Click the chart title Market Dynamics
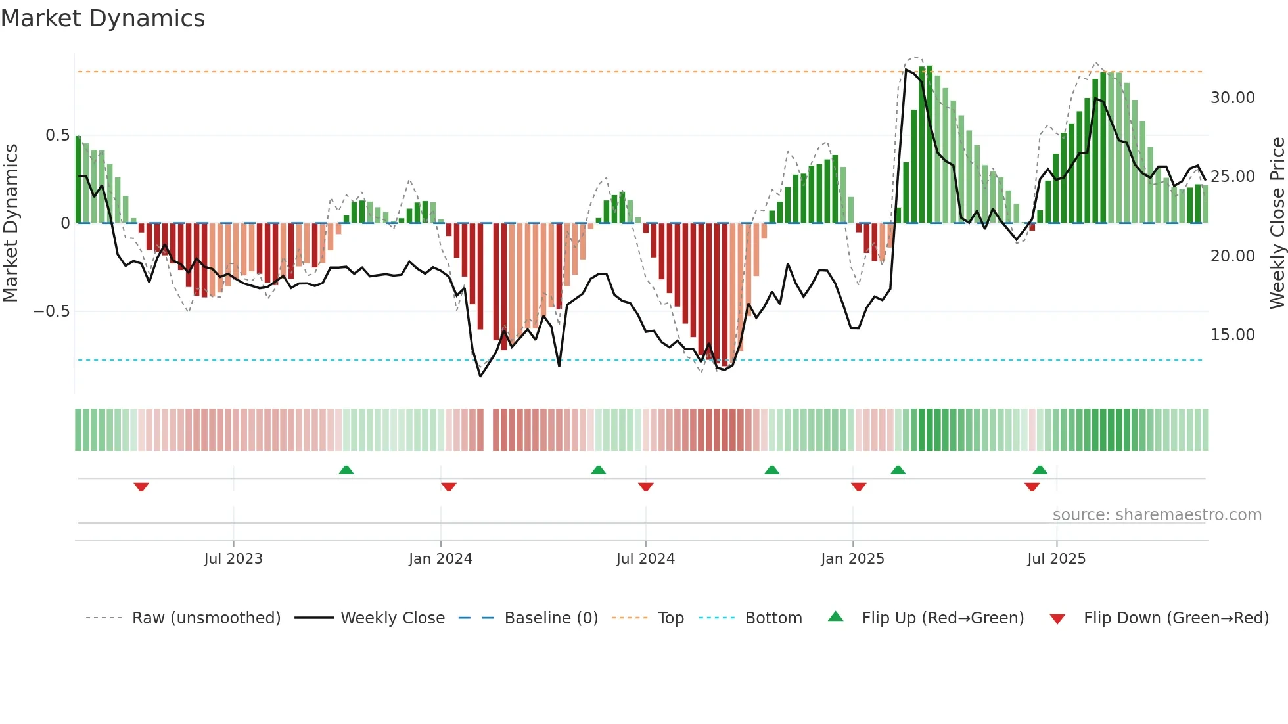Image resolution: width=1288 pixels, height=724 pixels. [103, 18]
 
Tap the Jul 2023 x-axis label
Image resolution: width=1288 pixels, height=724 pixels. [233, 559]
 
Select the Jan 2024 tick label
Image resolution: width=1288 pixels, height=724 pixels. [440, 559]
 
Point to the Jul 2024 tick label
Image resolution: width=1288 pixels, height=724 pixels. [645, 559]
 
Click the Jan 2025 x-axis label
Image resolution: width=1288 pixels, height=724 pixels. [852, 559]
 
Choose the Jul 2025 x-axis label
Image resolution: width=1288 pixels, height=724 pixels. [1056, 559]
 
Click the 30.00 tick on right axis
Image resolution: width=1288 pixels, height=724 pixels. [1232, 98]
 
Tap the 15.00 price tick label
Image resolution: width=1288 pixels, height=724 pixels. [1232, 335]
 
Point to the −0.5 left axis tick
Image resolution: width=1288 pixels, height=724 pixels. [52, 311]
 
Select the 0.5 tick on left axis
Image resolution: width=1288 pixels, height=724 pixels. [57, 135]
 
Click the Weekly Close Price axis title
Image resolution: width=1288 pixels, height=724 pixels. [1277, 223]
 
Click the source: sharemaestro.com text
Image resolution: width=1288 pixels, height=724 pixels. [1157, 515]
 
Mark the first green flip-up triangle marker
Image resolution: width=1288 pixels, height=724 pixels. [346, 470]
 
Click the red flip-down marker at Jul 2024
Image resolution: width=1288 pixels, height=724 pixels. [645, 487]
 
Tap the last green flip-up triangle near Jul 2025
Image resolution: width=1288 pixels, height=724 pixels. [1040, 470]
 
